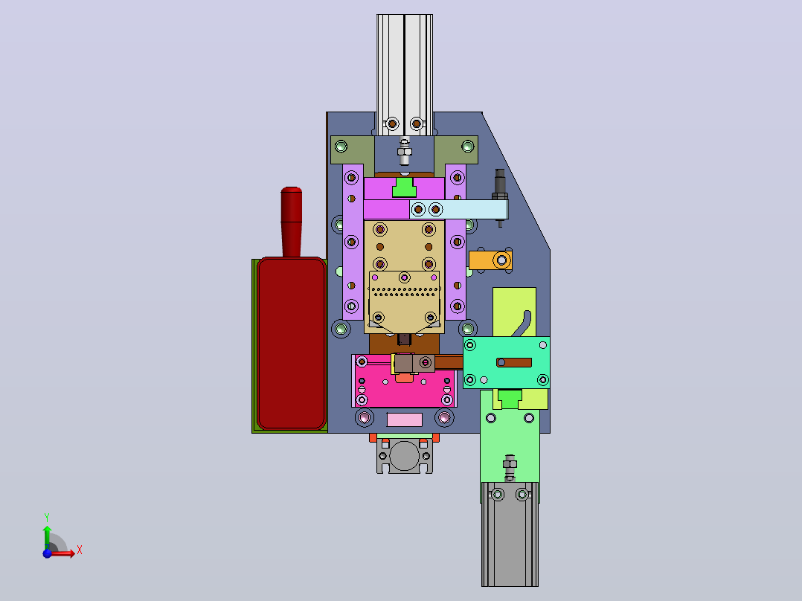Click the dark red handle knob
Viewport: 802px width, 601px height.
tap(291, 222)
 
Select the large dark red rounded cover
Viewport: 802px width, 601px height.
tap(292, 343)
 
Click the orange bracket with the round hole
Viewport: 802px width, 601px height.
tap(490, 260)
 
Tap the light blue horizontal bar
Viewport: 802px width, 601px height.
tap(458, 210)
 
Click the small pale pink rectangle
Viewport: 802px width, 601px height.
tap(405, 420)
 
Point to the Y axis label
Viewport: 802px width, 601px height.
tap(47, 518)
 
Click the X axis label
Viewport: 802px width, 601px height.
tap(80, 550)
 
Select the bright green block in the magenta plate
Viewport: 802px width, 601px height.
tap(404, 187)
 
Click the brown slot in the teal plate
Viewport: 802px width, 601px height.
tap(514, 363)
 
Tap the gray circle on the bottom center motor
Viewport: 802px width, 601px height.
tap(404, 455)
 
